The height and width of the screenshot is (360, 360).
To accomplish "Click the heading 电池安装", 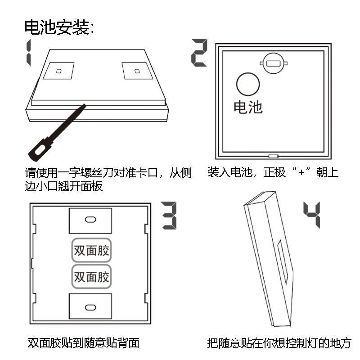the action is coord(57,27).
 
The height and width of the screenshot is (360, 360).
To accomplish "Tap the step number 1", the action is coord(28,52).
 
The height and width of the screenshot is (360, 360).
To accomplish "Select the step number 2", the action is coord(199,53).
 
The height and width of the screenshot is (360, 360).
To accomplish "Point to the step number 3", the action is coord(169,216).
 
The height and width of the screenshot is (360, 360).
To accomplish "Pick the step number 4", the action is coord(312,215).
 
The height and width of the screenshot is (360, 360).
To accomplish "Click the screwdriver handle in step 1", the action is coord(40,149).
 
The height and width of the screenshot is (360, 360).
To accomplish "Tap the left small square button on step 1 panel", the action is coord(59,71).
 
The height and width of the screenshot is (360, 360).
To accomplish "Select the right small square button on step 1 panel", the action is coord(137,71).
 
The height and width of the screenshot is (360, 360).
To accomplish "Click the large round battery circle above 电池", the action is coord(248,84).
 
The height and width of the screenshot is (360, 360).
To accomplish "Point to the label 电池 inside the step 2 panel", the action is coord(248,107).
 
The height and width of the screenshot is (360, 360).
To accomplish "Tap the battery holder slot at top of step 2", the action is coord(274,63).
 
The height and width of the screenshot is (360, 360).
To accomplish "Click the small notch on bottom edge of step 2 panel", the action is coord(274,156).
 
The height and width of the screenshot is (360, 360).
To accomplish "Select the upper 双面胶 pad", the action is coord(91,250).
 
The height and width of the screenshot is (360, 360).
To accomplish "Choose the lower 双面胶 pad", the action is coord(91,277).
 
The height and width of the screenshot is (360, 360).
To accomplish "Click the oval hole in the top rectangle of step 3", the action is coord(90,220).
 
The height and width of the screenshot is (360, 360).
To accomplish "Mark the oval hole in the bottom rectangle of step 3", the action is coord(90,307).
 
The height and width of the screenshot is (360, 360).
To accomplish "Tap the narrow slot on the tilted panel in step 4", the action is coord(283,261).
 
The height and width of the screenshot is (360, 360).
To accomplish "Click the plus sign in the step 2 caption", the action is coord(301,172).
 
